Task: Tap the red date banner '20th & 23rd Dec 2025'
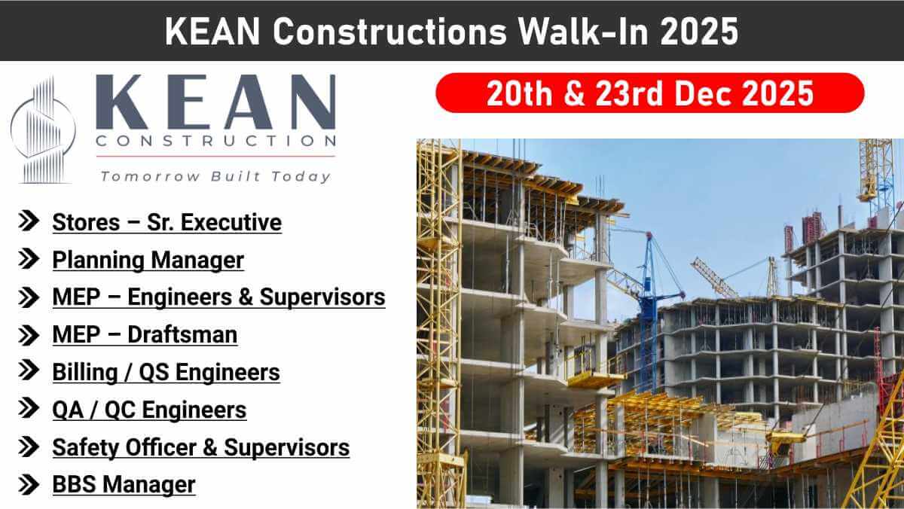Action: pyautogui.click(x=649, y=93)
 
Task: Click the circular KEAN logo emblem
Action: pyautogui.click(x=43, y=130)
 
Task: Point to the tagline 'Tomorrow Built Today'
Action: pyautogui.click(x=215, y=176)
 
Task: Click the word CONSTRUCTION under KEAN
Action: pyautogui.click(x=215, y=141)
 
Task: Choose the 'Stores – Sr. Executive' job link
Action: pyautogui.click(x=166, y=223)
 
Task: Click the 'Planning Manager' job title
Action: pyautogui.click(x=148, y=261)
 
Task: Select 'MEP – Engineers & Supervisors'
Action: pyautogui.click(x=218, y=297)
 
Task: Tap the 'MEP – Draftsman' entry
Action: pyautogui.click(x=145, y=335)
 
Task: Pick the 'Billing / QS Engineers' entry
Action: pyautogui.click(x=166, y=372)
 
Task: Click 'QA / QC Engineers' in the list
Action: pyautogui.click(x=149, y=410)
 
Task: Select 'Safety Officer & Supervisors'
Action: pyautogui.click(x=200, y=447)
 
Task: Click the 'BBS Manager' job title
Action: pyautogui.click(x=124, y=484)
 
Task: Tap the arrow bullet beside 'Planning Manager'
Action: pyautogui.click(x=29, y=259)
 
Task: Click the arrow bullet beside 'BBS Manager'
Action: pyautogui.click(x=29, y=483)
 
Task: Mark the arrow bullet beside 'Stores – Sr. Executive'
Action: pyautogui.click(x=29, y=221)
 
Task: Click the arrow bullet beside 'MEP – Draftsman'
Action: pyautogui.click(x=29, y=334)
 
